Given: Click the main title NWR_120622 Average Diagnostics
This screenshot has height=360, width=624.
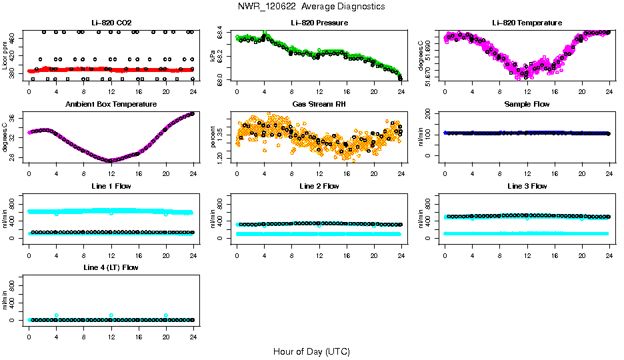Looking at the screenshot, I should click(311, 7).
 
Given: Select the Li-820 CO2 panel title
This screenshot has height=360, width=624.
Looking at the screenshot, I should click(111, 23).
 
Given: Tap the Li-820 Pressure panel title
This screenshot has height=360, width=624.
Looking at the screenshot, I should click(319, 23).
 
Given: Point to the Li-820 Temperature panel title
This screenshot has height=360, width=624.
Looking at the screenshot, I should click(527, 23).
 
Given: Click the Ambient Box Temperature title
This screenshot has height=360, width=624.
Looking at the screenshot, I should click(111, 104).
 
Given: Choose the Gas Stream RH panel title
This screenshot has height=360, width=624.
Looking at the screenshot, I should click(319, 104).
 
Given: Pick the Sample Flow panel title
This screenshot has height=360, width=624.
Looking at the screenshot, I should click(527, 104).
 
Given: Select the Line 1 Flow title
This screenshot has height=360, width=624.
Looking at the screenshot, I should click(111, 186).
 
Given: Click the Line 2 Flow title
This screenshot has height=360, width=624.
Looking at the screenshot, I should click(319, 186).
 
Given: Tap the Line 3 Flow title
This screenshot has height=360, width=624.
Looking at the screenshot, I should click(527, 186).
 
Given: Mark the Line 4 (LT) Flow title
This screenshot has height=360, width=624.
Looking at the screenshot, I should click(111, 267).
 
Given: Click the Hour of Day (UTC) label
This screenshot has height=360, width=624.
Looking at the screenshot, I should click(311, 351).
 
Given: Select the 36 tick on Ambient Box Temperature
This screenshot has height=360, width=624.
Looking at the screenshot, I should click(13, 118).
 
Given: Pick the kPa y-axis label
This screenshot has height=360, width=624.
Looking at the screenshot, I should click(213, 57).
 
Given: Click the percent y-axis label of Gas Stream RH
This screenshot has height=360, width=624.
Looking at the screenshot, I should click(213, 137).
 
